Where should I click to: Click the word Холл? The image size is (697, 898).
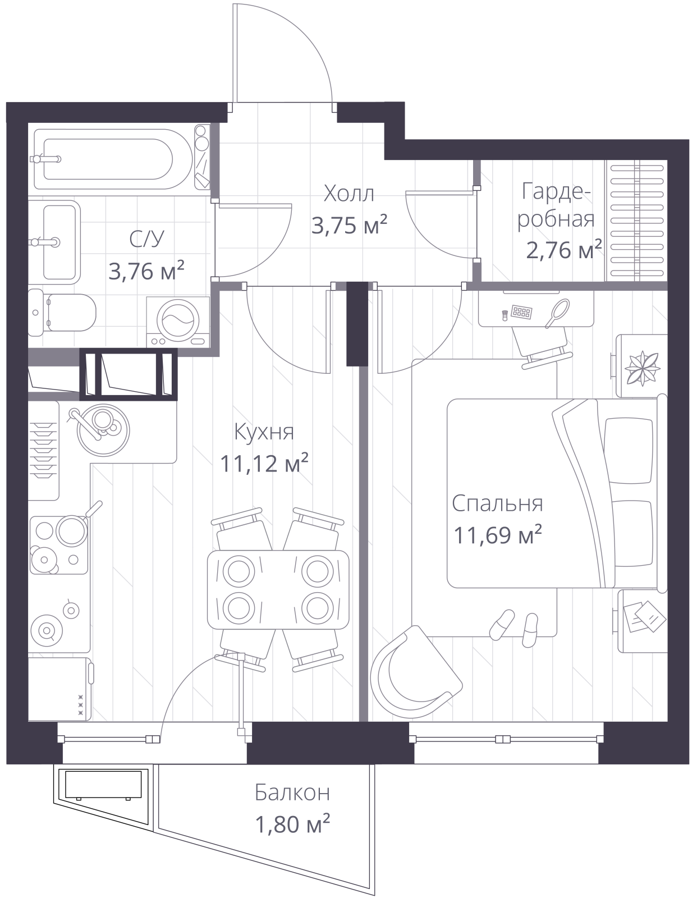click(349, 194)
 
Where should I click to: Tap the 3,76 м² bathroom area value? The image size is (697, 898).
click(146, 271)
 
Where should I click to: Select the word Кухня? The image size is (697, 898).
click(264, 432)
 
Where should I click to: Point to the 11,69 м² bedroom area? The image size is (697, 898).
click(497, 534)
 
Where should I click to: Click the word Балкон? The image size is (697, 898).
click(292, 793)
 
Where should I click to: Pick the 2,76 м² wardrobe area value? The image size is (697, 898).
click(563, 250)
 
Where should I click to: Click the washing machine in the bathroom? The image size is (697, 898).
click(178, 322)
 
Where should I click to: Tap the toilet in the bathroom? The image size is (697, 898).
click(62, 313)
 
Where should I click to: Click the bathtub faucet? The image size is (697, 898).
click(45, 159)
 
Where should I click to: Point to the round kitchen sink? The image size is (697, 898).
click(103, 430)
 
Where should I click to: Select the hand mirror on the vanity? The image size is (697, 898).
click(558, 313)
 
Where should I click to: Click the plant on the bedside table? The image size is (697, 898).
click(642, 368)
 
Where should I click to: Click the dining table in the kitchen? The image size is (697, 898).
click(278, 590)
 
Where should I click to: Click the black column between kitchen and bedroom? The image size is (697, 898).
click(357, 324)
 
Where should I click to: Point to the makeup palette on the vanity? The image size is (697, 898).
click(521, 312)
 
